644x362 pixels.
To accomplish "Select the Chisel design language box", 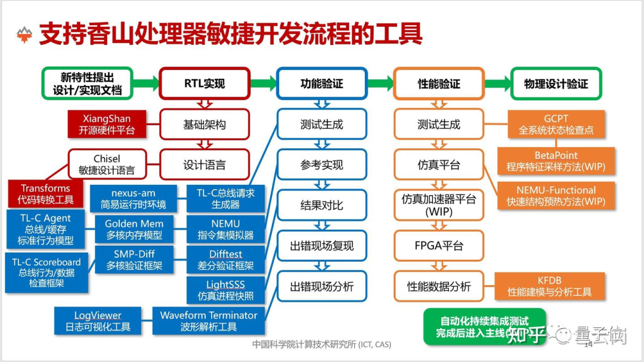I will point(107,165).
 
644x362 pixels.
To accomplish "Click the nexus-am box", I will point(133,199).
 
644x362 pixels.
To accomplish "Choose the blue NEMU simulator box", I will point(225,230).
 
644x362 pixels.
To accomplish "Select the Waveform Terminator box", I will point(208,321).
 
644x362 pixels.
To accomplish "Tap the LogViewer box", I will point(98,321).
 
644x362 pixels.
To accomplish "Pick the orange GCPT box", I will point(556,124).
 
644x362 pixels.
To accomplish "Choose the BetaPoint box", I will point(556,161).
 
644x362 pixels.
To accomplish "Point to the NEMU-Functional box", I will point(556,196).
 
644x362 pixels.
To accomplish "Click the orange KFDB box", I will point(549,286).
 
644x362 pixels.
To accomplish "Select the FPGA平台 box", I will point(439,246).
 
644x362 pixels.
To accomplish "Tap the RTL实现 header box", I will point(205,83).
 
